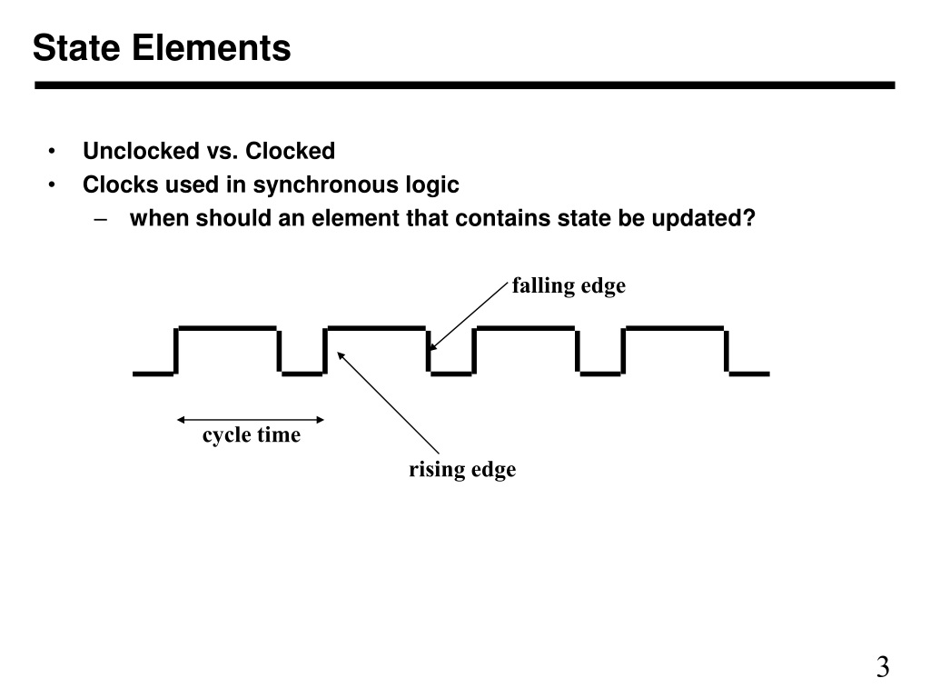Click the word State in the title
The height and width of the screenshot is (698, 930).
tap(76, 47)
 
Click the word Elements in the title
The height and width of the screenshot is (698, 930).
tap(211, 47)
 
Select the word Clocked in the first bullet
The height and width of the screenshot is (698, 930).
tap(290, 151)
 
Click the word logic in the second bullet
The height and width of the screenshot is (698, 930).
tap(432, 185)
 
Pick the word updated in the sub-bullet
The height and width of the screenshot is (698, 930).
tap(697, 218)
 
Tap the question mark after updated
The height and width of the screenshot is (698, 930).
tap(749, 218)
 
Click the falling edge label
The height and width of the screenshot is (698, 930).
tap(569, 286)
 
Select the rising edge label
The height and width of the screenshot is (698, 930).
tap(462, 470)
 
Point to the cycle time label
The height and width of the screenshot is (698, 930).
tap(252, 435)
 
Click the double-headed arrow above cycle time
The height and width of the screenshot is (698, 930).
tap(251, 420)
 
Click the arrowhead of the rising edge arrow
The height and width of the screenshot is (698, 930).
tap(340, 354)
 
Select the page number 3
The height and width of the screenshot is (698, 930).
tap(883, 667)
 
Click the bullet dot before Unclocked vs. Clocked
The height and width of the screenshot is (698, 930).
tap(52, 152)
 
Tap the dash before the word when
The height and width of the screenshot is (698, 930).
tap(101, 219)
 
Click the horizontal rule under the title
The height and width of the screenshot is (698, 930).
tap(464, 85)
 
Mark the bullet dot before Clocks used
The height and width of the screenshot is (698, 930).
tap(52, 185)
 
